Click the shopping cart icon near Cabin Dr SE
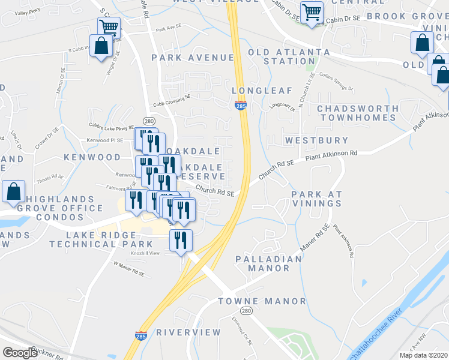click(312, 13)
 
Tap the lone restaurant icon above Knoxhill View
click(181, 241)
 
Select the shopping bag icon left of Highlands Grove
click(13, 192)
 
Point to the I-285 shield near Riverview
click(141, 335)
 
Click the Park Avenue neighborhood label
click(192, 58)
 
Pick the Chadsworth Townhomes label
click(358, 113)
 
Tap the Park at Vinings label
click(316, 199)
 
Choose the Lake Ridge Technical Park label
click(110, 239)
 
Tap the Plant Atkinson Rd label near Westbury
click(331, 155)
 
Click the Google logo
click(20, 353)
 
